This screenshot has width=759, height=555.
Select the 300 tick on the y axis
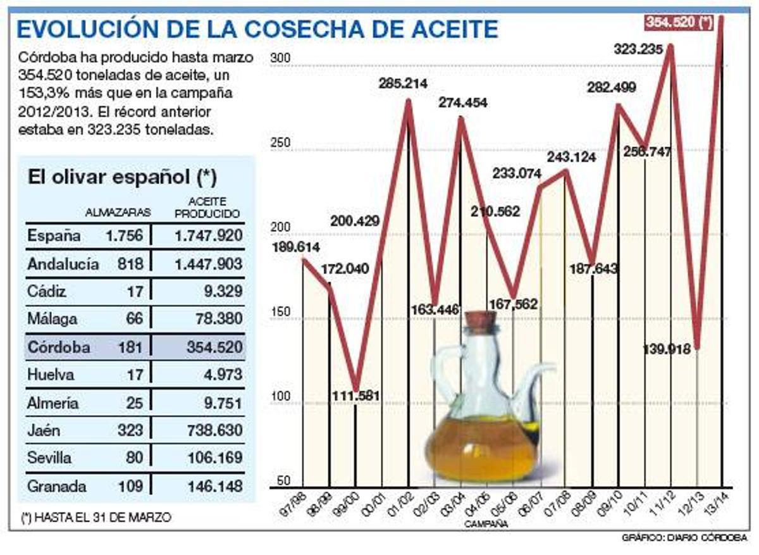pyautogui.click(x=280, y=58)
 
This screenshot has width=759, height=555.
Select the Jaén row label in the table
pyautogui.click(x=44, y=430)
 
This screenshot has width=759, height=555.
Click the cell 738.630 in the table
pyautogui.click(x=209, y=430)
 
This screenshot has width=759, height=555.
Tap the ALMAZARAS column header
pyautogui.click(x=118, y=213)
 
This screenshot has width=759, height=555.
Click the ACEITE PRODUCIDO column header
pyautogui.click(x=207, y=208)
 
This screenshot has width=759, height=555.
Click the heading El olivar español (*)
pyautogui.click(x=122, y=178)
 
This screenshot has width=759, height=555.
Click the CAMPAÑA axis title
pyautogui.click(x=485, y=524)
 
